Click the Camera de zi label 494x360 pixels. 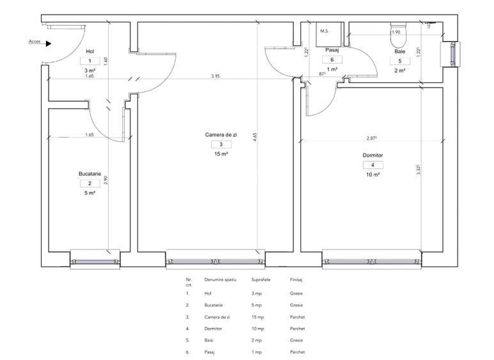220,135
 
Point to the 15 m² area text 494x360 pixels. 220,154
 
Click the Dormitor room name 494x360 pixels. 371,155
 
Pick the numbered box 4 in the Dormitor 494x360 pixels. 371,165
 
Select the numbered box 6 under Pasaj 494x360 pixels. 332,59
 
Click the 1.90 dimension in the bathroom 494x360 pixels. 396,32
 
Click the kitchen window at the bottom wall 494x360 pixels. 95,261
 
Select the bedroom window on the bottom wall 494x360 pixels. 373,261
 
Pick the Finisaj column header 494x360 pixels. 296,279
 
